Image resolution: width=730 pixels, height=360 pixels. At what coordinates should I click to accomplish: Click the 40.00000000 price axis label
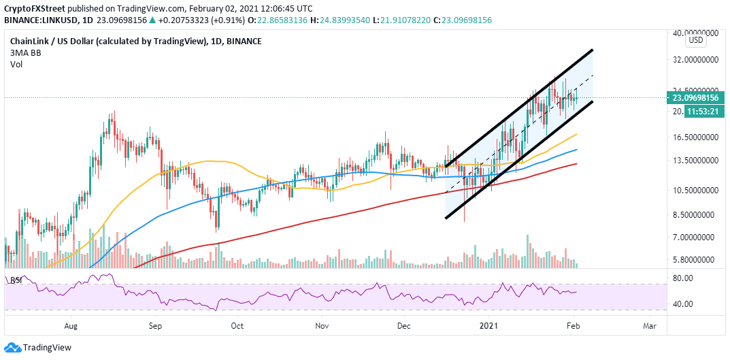click(x=697, y=32)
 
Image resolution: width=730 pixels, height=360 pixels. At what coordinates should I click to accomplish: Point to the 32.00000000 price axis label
click(x=697, y=60)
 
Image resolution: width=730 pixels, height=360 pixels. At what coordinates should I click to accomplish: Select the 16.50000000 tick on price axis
click(x=697, y=137)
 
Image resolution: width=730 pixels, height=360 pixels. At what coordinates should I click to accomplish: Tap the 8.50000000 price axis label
click(x=697, y=214)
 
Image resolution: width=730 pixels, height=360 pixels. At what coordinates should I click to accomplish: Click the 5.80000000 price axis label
click(x=697, y=259)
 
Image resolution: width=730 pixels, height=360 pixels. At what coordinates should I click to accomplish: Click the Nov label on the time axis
click(x=323, y=326)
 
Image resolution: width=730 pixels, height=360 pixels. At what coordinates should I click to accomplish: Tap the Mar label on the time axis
click(x=650, y=326)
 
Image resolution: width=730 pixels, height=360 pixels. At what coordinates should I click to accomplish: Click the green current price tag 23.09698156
click(x=701, y=97)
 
